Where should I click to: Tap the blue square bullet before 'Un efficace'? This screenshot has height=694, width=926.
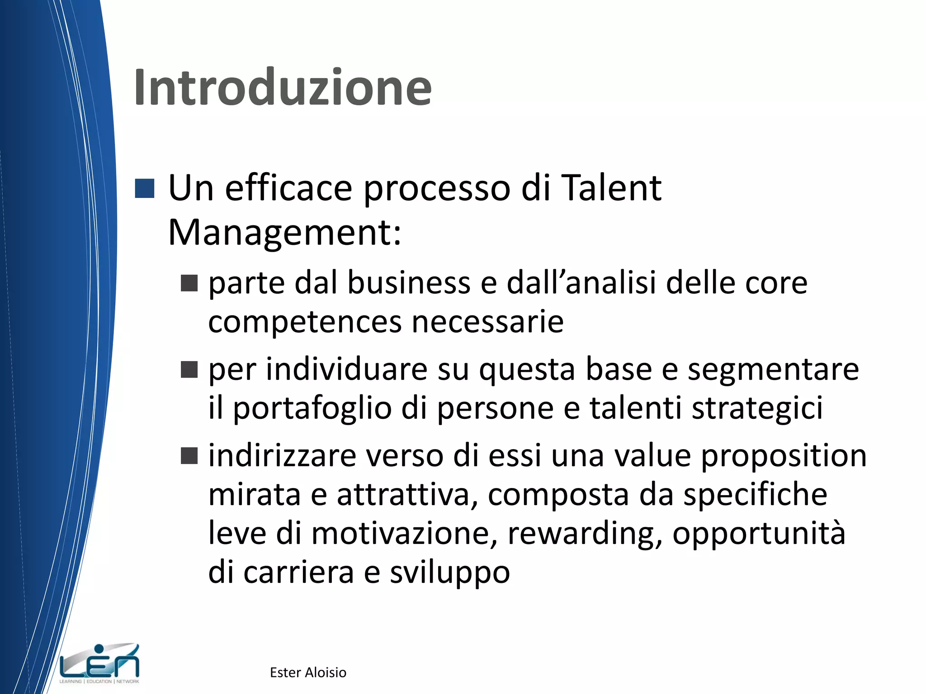pos(145,189)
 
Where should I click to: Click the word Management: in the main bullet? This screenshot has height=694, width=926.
pos(284,233)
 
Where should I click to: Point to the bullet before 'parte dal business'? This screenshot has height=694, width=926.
pos(189,283)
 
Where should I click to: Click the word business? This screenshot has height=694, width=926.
pos(409,283)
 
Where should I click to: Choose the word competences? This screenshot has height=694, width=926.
pos(305,322)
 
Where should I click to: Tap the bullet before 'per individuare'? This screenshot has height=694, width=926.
pos(189,369)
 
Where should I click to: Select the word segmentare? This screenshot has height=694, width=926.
pos(773,370)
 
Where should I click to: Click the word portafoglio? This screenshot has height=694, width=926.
pos(312,408)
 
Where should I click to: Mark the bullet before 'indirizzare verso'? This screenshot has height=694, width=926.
pos(189,456)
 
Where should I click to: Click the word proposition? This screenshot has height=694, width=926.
pos(784,456)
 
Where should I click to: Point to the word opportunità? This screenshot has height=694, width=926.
pos(758,534)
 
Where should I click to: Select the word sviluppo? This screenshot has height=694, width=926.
pos(450,573)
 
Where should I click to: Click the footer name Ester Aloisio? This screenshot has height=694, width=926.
pos(308,672)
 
